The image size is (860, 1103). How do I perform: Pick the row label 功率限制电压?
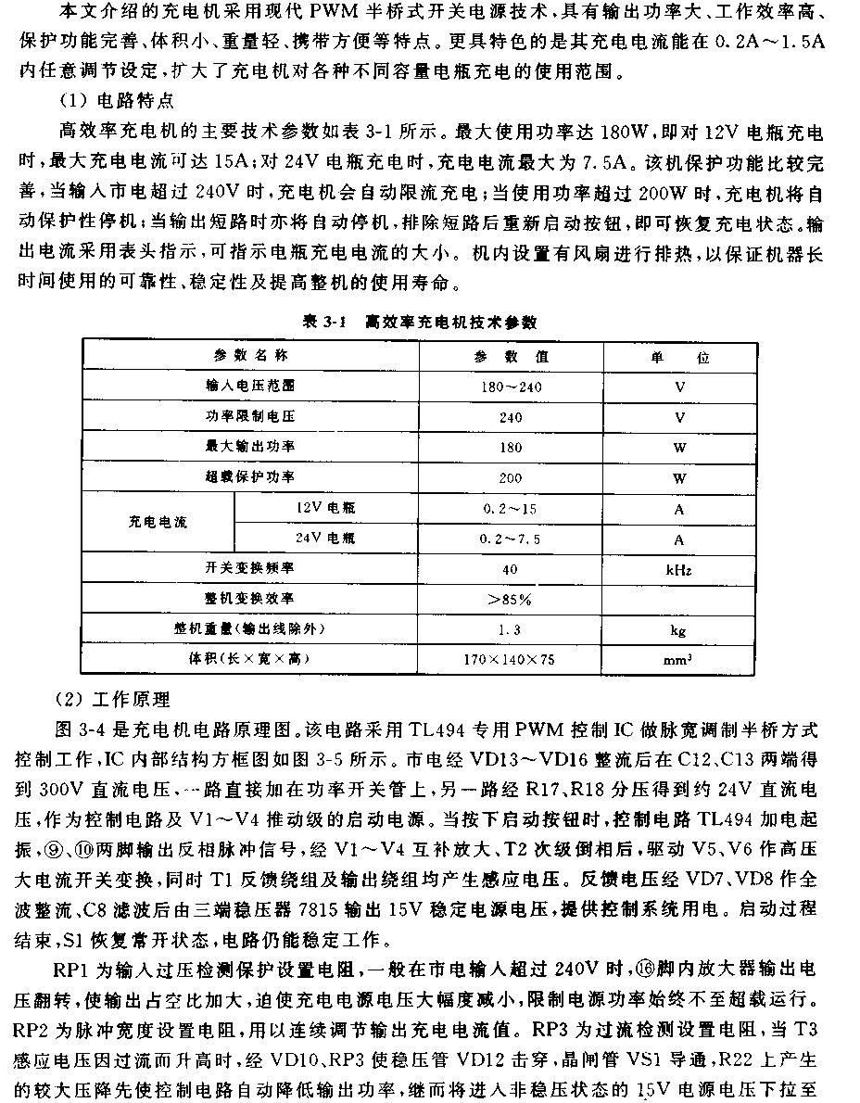tap(250, 418)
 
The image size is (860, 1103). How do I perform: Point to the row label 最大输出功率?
tap(250, 448)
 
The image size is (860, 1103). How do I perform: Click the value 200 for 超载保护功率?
tap(511, 478)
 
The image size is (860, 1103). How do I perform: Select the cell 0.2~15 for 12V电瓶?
tap(511, 509)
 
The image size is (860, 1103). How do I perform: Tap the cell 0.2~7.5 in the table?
tap(511, 539)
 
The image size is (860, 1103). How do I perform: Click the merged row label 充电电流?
tap(158, 523)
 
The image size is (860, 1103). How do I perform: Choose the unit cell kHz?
tap(679, 569)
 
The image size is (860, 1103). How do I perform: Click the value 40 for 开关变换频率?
tap(511, 569)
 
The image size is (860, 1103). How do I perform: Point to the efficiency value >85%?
tap(511, 600)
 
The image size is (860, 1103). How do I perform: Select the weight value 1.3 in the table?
tap(511, 630)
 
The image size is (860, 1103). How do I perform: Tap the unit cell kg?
tap(679, 630)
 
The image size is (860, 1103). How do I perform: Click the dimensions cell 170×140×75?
tap(511, 661)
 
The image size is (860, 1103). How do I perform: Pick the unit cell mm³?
tap(679, 660)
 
